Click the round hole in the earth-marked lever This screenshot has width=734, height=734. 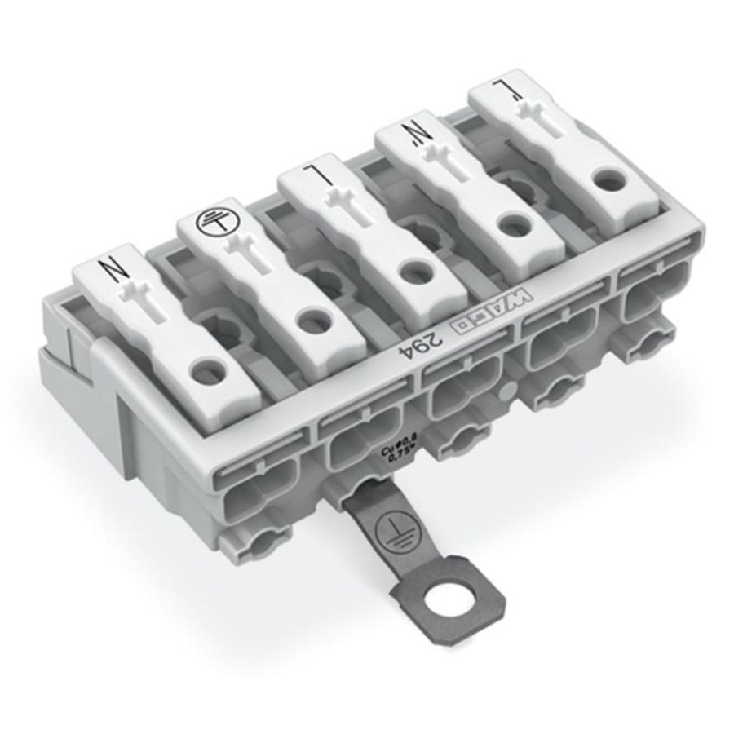[311, 321]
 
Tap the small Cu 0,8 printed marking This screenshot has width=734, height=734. [398, 451]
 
